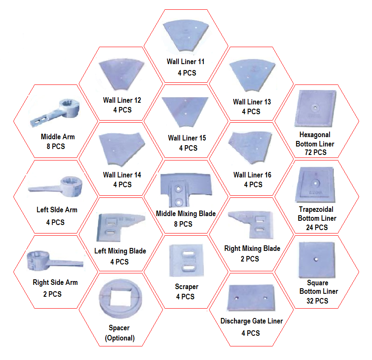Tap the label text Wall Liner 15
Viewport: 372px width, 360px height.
[187, 138]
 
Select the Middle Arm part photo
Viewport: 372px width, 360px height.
[56, 112]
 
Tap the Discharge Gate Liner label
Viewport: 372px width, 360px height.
[252, 321]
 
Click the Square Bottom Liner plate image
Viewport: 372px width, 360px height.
[317, 259]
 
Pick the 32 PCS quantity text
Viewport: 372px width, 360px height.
[317, 301]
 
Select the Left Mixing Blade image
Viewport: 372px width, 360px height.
[118, 226]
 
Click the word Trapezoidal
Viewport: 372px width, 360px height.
[316, 209]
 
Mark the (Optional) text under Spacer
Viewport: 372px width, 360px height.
[119, 338]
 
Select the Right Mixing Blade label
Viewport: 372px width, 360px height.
[252, 248]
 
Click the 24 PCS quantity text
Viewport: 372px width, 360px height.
[317, 227]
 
